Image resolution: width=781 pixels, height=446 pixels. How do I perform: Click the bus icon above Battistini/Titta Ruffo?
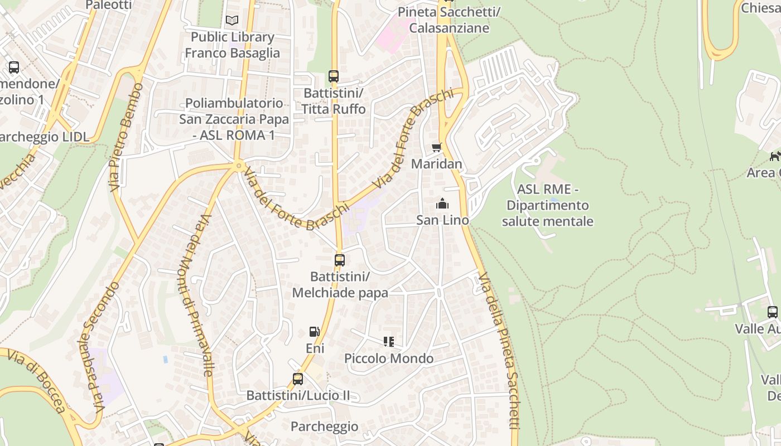[334, 76]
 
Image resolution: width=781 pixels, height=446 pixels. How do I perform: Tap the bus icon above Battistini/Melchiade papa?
[339, 260]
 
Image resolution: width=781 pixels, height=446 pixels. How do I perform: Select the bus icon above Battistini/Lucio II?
[298, 379]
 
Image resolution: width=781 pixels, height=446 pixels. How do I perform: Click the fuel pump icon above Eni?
[315, 332]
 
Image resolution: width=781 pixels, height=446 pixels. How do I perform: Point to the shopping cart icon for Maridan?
[436, 148]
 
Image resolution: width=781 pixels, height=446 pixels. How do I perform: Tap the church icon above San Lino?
[442, 203]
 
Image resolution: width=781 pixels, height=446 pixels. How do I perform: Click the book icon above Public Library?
[232, 21]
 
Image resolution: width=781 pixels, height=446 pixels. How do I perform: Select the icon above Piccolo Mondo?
[389, 342]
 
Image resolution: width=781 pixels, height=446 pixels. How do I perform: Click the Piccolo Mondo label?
[389, 358]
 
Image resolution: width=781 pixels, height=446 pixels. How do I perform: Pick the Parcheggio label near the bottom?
[324, 426]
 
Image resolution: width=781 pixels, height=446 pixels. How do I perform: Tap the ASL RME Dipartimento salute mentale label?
[547, 205]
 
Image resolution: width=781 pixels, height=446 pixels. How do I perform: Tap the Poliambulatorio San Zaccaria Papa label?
[234, 119]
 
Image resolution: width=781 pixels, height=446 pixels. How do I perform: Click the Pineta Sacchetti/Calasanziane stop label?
[449, 20]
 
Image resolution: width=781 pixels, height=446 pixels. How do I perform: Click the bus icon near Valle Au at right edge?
[772, 312]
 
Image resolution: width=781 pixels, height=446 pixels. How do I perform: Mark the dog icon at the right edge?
[775, 156]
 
